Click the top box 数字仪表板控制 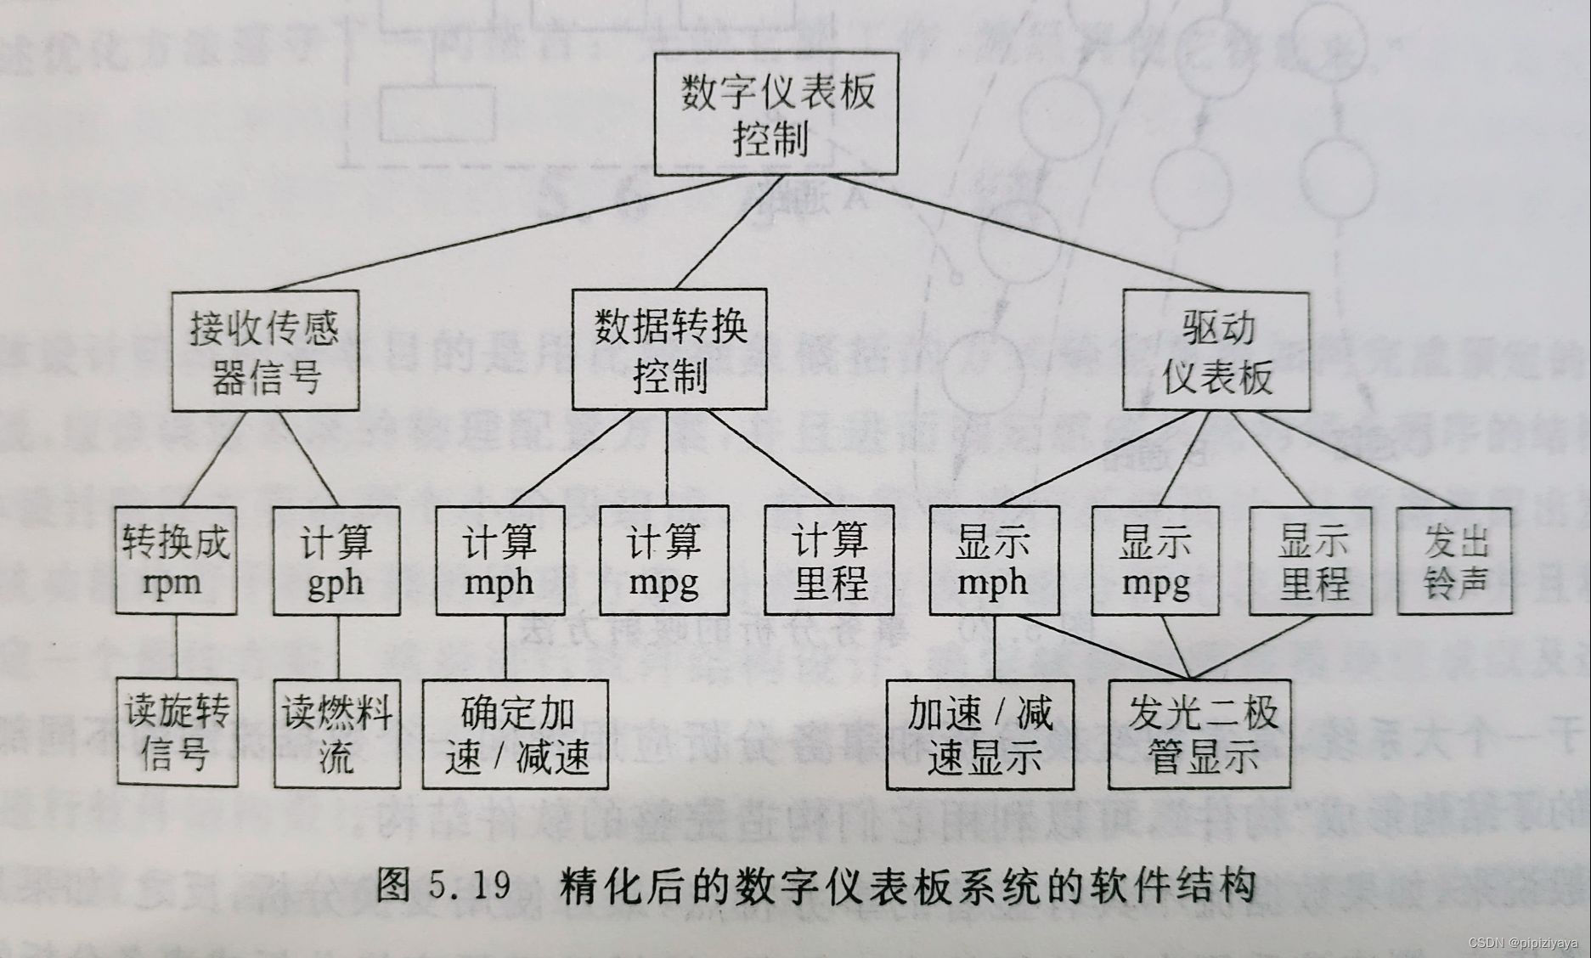tap(776, 114)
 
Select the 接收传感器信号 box tap(265, 351)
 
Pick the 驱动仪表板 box tap(1216, 351)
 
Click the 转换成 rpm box tap(176, 561)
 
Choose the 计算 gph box tap(336, 561)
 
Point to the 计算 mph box tap(499, 561)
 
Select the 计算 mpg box tap(663, 561)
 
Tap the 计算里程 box tap(829, 561)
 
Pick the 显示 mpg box tap(1154, 561)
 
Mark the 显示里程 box tap(1311, 561)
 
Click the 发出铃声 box tap(1454, 561)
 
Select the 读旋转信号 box tap(177, 731)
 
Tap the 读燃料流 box tap(336, 731)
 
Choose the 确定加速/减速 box tap(516, 735)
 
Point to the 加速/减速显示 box tap(979, 735)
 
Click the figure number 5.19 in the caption tap(470, 886)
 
